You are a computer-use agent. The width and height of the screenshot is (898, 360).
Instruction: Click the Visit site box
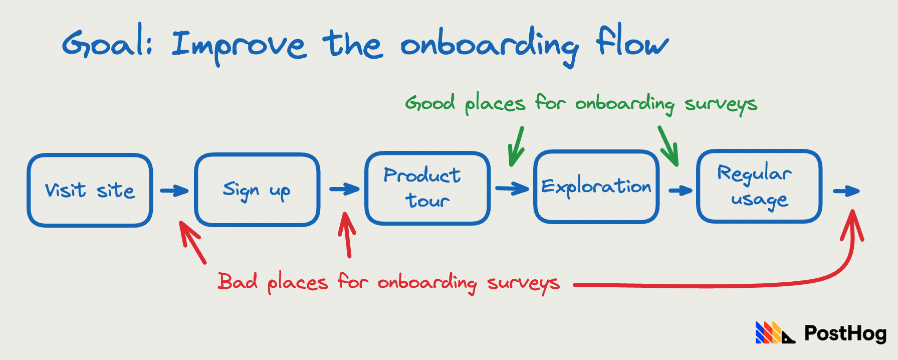pyautogui.click(x=90, y=190)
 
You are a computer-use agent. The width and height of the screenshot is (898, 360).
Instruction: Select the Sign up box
pyautogui.click(x=257, y=190)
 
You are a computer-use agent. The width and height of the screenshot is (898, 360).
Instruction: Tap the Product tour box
pyautogui.click(x=427, y=188)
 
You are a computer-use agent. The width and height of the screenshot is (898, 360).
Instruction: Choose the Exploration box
pyautogui.click(x=596, y=187)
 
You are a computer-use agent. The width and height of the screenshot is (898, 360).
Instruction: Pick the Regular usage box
pyautogui.click(x=759, y=186)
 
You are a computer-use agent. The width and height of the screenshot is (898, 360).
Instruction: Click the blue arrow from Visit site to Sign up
pyautogui.click(x=174, y=191)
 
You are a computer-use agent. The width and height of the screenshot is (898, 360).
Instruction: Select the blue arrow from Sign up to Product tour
pyautogui.click(x=344, y=189)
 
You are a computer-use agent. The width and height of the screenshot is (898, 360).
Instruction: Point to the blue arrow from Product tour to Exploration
pyautogui.click(x=512, y=189)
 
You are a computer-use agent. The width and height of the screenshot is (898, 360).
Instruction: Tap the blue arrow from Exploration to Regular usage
pyautogui.click(x=681, y=190)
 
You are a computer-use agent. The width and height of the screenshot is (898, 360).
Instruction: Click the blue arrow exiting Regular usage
pyautogui.click(x=846, y=191)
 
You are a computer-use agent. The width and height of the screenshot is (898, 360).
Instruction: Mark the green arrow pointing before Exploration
pyautogui.click(x=516, y=146)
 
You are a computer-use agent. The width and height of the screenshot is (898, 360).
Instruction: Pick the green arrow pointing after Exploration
pyautogui.click(x=668, y=146)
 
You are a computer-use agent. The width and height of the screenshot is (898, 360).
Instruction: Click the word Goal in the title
pyautogui.click(x=106, y=43)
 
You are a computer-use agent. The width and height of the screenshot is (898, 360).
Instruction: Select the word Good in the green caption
pyautogui.click(x=430, y=103)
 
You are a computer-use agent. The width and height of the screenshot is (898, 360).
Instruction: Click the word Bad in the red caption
pyautogui.click(x=238, y=281)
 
